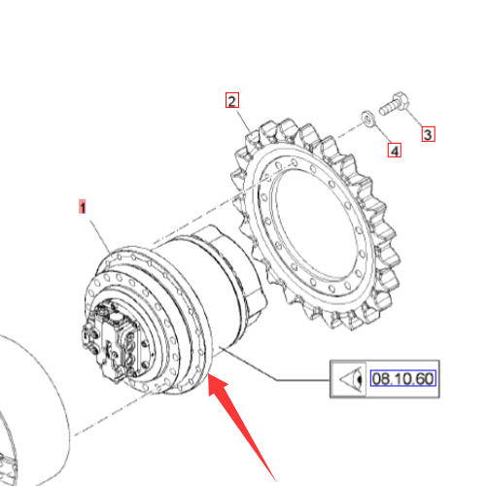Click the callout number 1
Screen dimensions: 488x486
tap(83, 207)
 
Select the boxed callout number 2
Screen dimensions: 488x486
tap(232, 100)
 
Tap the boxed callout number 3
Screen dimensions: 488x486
tap(428, 134)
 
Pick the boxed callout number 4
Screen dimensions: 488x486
tap(395, 151)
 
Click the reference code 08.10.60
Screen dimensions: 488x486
tap(402, 378)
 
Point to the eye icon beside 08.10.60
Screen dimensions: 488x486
tap(350, 379)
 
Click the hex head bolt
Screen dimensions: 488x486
tap(394, 103)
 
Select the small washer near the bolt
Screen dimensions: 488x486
tap(368, 119)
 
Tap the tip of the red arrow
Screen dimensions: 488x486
tap(209, 374)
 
